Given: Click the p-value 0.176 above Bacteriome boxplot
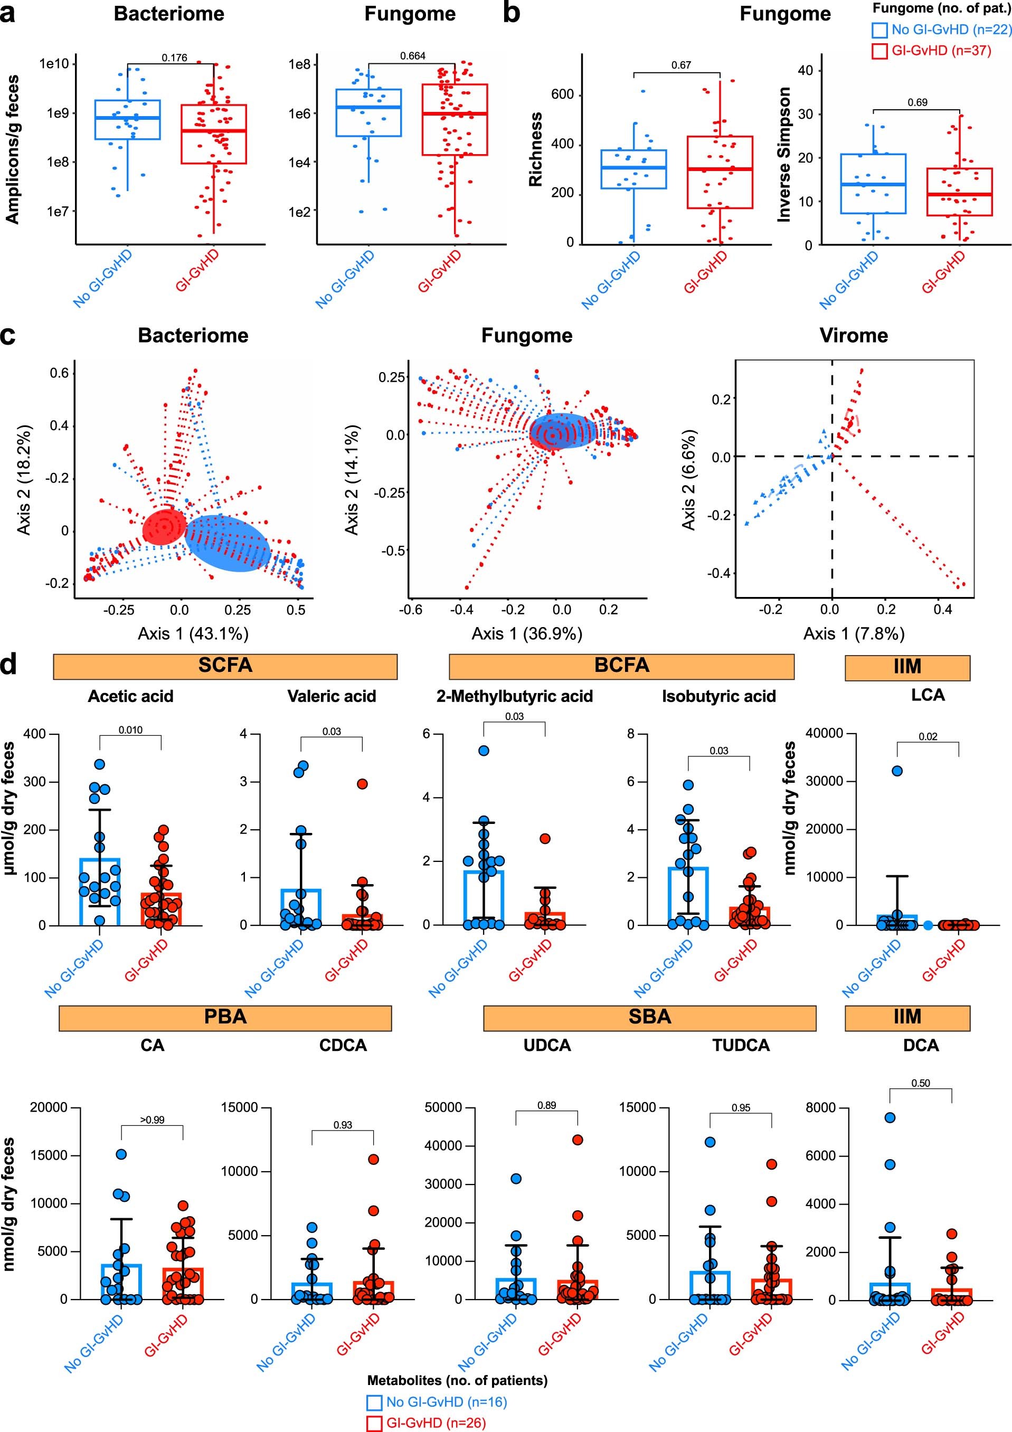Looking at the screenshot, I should [174, 58].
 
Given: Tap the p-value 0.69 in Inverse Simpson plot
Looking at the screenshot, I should [916, 102].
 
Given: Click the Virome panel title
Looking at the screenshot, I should [853, 336].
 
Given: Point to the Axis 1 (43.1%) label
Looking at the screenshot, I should [193, 634].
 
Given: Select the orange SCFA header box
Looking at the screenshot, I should [225, 666].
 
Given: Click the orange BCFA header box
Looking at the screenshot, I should [621, 666].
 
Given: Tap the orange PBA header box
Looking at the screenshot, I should [225, 1017].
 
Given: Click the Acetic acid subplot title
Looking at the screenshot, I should [130, 696].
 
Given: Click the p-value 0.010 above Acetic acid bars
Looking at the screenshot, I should [130, 729].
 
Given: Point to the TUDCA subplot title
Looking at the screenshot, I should [741, 1045].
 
